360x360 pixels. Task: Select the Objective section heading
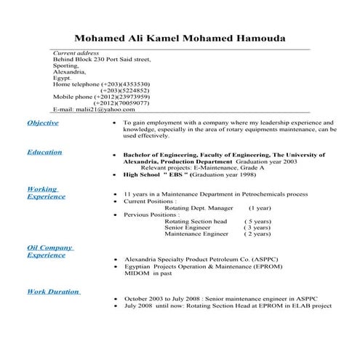coord(43,123)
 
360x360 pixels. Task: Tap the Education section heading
coord(44,152)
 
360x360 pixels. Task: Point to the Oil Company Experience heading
coord(49,251)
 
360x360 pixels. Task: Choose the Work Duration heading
coord(53,291)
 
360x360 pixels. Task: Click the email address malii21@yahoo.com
coord(95,109)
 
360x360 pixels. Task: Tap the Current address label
coord(76,54)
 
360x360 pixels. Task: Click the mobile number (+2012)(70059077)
coord(122,103)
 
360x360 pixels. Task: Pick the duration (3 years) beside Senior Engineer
coord(257,227)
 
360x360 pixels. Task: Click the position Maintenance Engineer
coord(196,233)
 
